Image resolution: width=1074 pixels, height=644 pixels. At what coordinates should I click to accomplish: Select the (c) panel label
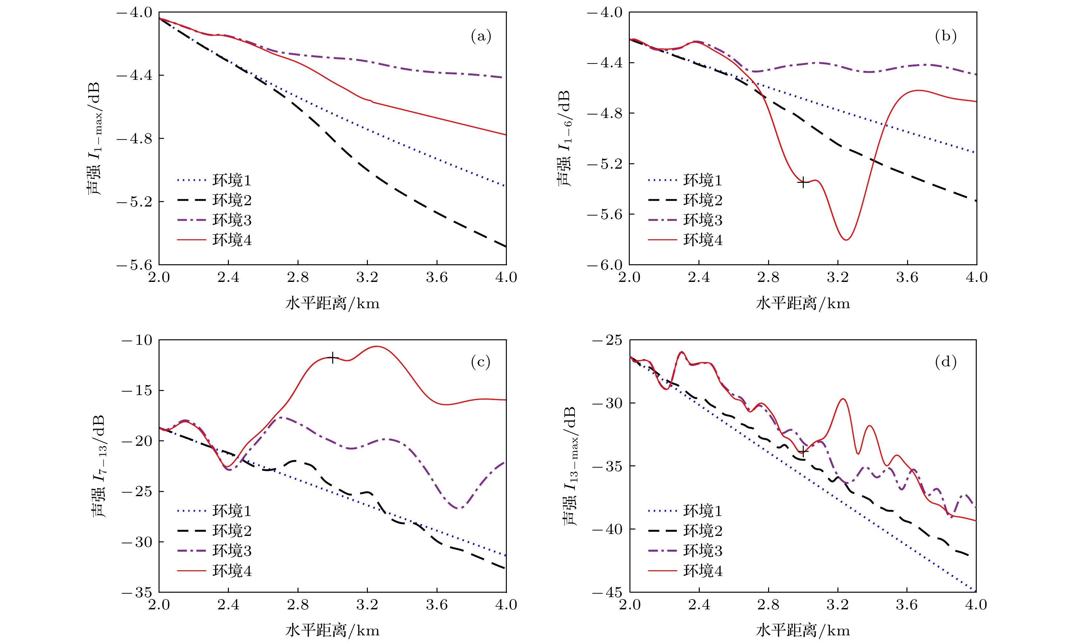(480, 361)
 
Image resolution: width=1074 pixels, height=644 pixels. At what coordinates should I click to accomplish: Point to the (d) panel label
(946, 361)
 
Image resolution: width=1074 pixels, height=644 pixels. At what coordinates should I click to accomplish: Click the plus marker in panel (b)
(803, 183)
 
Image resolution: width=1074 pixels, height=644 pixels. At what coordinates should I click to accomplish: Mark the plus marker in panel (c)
(332, 358)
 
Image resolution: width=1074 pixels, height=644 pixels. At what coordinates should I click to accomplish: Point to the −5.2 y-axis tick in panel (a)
(134, 202)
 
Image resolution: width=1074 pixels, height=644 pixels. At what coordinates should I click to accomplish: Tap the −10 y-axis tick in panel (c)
(137, 340)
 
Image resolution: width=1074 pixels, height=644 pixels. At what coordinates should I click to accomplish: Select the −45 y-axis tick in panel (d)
(607, 592)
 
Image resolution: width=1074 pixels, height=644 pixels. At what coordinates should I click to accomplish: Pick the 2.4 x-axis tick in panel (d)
(699, 605)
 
